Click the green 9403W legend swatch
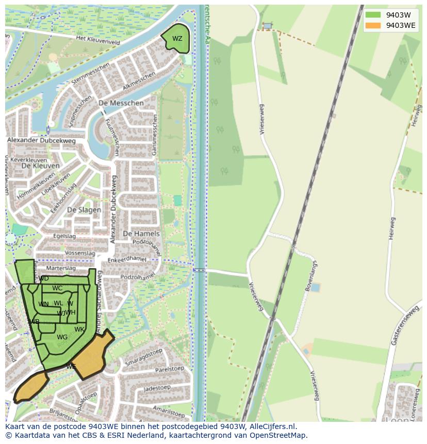click(373, 15)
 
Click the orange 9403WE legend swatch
click(373, 25)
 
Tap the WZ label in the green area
click(177, 39)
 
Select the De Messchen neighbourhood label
click(121, 103)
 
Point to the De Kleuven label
click(40, 166)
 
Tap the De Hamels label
click(141, 234)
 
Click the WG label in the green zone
click(62, 337)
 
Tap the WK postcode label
click(79, 329)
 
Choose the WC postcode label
click(57, 288)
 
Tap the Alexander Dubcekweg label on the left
click(41, 140)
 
